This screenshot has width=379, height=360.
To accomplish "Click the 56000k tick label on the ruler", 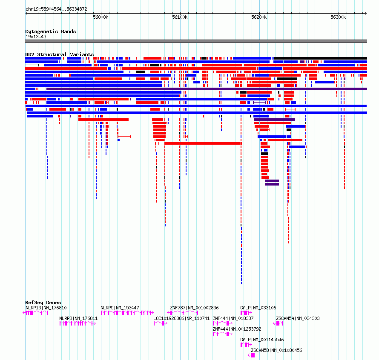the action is pos(100,17).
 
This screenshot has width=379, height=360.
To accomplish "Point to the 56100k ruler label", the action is pos(180,17).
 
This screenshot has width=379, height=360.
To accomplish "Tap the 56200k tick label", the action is pos(259,17).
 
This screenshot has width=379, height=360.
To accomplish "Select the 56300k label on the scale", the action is pos(338,17).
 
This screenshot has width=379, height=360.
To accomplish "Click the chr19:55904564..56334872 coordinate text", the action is pos(56,9).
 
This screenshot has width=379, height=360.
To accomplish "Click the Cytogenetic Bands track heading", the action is pos(51,31).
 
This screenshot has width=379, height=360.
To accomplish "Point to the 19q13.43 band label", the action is pos(36,37).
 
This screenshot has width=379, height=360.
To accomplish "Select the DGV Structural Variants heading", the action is pos(60,54).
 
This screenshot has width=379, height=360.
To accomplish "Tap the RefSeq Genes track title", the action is pos(43,303).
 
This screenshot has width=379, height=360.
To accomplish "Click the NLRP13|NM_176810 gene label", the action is pos(46,308).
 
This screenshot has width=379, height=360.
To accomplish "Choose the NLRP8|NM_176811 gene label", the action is pos(78,318).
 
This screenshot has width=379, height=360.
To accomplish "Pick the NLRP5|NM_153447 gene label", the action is pos(120,308).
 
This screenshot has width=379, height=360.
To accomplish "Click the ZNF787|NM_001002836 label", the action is pos(194,308).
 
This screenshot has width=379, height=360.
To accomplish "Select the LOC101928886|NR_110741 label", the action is pos(181,318).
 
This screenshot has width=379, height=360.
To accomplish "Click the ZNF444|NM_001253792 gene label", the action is pos(237,329).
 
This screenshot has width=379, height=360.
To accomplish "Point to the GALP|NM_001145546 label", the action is pos(262,340).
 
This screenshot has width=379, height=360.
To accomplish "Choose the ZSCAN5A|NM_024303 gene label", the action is pos(298,318).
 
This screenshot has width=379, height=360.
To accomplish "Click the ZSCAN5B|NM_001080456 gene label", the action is pos(276,350).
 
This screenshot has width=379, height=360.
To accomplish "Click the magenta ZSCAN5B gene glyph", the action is pos(251,355).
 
